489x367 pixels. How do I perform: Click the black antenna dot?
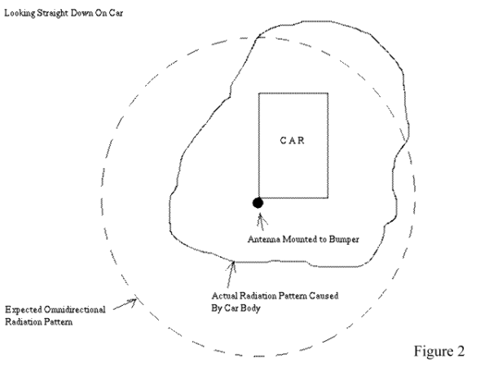coord(257,202)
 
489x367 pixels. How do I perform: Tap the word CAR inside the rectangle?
coord(293,140)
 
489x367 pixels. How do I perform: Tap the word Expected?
coord(23,310)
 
